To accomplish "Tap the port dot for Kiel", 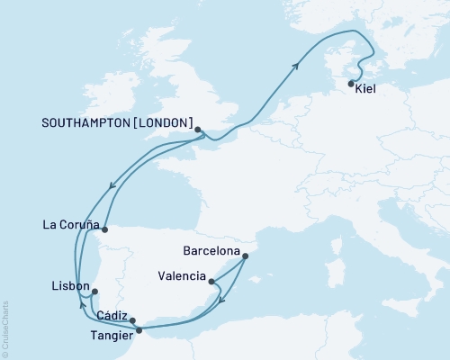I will pos(351,83).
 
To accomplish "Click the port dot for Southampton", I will pos(198,130).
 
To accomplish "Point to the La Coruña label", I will pos(71,225).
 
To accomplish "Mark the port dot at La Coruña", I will pos(104,229).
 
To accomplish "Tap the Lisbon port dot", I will pos(94,291).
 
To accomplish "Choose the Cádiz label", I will pos(112,314).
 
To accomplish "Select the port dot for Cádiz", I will pos(133,320).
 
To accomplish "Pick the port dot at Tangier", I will pos(139,330).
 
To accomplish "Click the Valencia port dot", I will pos(211,283).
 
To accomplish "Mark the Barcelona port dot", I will pos(245,256).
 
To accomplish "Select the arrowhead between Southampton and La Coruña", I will pos(110,186).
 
